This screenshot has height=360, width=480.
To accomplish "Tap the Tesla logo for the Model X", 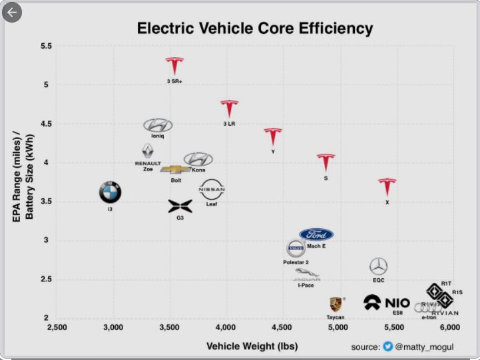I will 387,188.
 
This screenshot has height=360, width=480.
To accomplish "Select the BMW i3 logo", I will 111,193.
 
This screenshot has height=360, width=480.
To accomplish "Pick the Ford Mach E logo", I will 316,235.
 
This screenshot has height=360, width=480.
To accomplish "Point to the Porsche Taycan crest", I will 336,305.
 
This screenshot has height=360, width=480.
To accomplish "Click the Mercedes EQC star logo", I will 378,267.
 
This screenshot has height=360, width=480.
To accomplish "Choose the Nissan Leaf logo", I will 212,190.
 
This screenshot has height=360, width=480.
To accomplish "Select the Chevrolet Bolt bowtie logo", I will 175,170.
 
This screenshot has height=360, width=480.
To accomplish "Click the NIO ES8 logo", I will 387,303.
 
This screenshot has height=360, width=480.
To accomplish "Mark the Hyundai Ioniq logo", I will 158,125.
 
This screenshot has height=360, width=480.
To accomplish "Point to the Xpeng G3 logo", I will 180,206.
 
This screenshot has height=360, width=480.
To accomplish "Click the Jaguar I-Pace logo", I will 306,275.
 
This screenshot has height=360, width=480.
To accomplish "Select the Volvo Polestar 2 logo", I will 296,249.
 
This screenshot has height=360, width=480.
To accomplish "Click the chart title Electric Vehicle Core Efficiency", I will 254,29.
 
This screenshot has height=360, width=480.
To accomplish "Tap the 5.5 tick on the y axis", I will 46,46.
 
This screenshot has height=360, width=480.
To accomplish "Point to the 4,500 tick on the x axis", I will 282,327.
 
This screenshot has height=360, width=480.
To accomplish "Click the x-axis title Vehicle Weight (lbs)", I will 252,346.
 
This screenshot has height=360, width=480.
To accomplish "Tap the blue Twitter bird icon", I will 388,347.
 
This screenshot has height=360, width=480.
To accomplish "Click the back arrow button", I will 13,12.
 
